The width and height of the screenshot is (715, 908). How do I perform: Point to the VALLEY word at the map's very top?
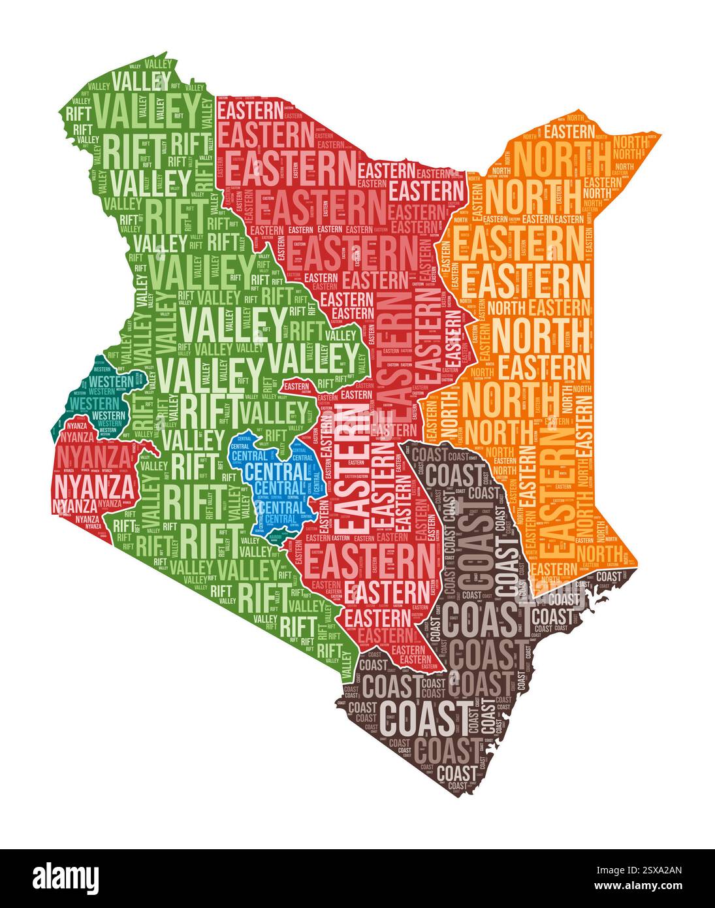[x=159, y=65]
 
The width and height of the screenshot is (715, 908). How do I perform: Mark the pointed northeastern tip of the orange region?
[x=659, y=135]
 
